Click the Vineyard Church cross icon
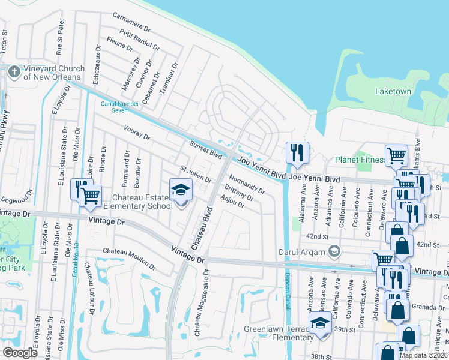pyautogui.click(x=14, y=72)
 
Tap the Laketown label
pyautogui.click(x=393, y=92)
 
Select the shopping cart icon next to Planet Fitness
pyautogui.click(x=396, y=156)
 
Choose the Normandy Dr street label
pyautogui.click(x=247, y=184)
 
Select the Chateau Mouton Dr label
pyautogui.click(x=128, y=260)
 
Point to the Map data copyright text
pyautogui.click(x=423, y=355)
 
